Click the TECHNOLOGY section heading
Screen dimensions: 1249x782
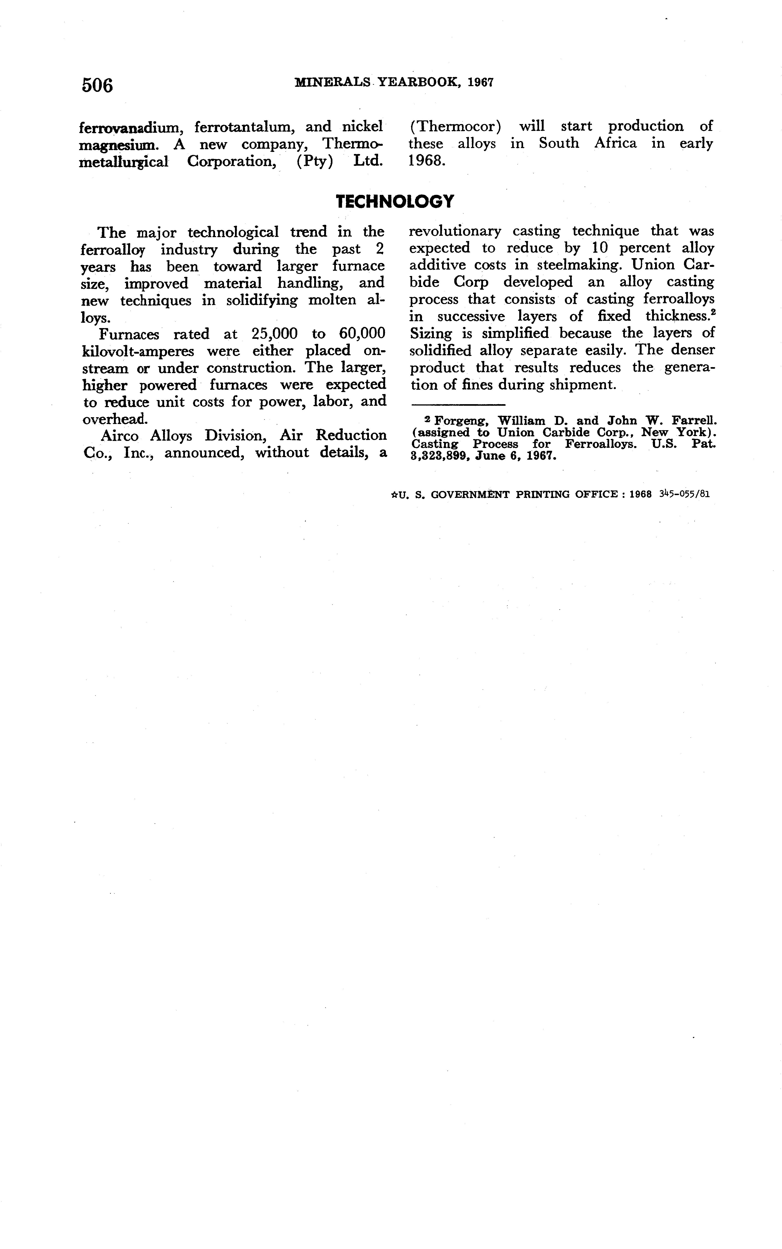click(x=395, y=201)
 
